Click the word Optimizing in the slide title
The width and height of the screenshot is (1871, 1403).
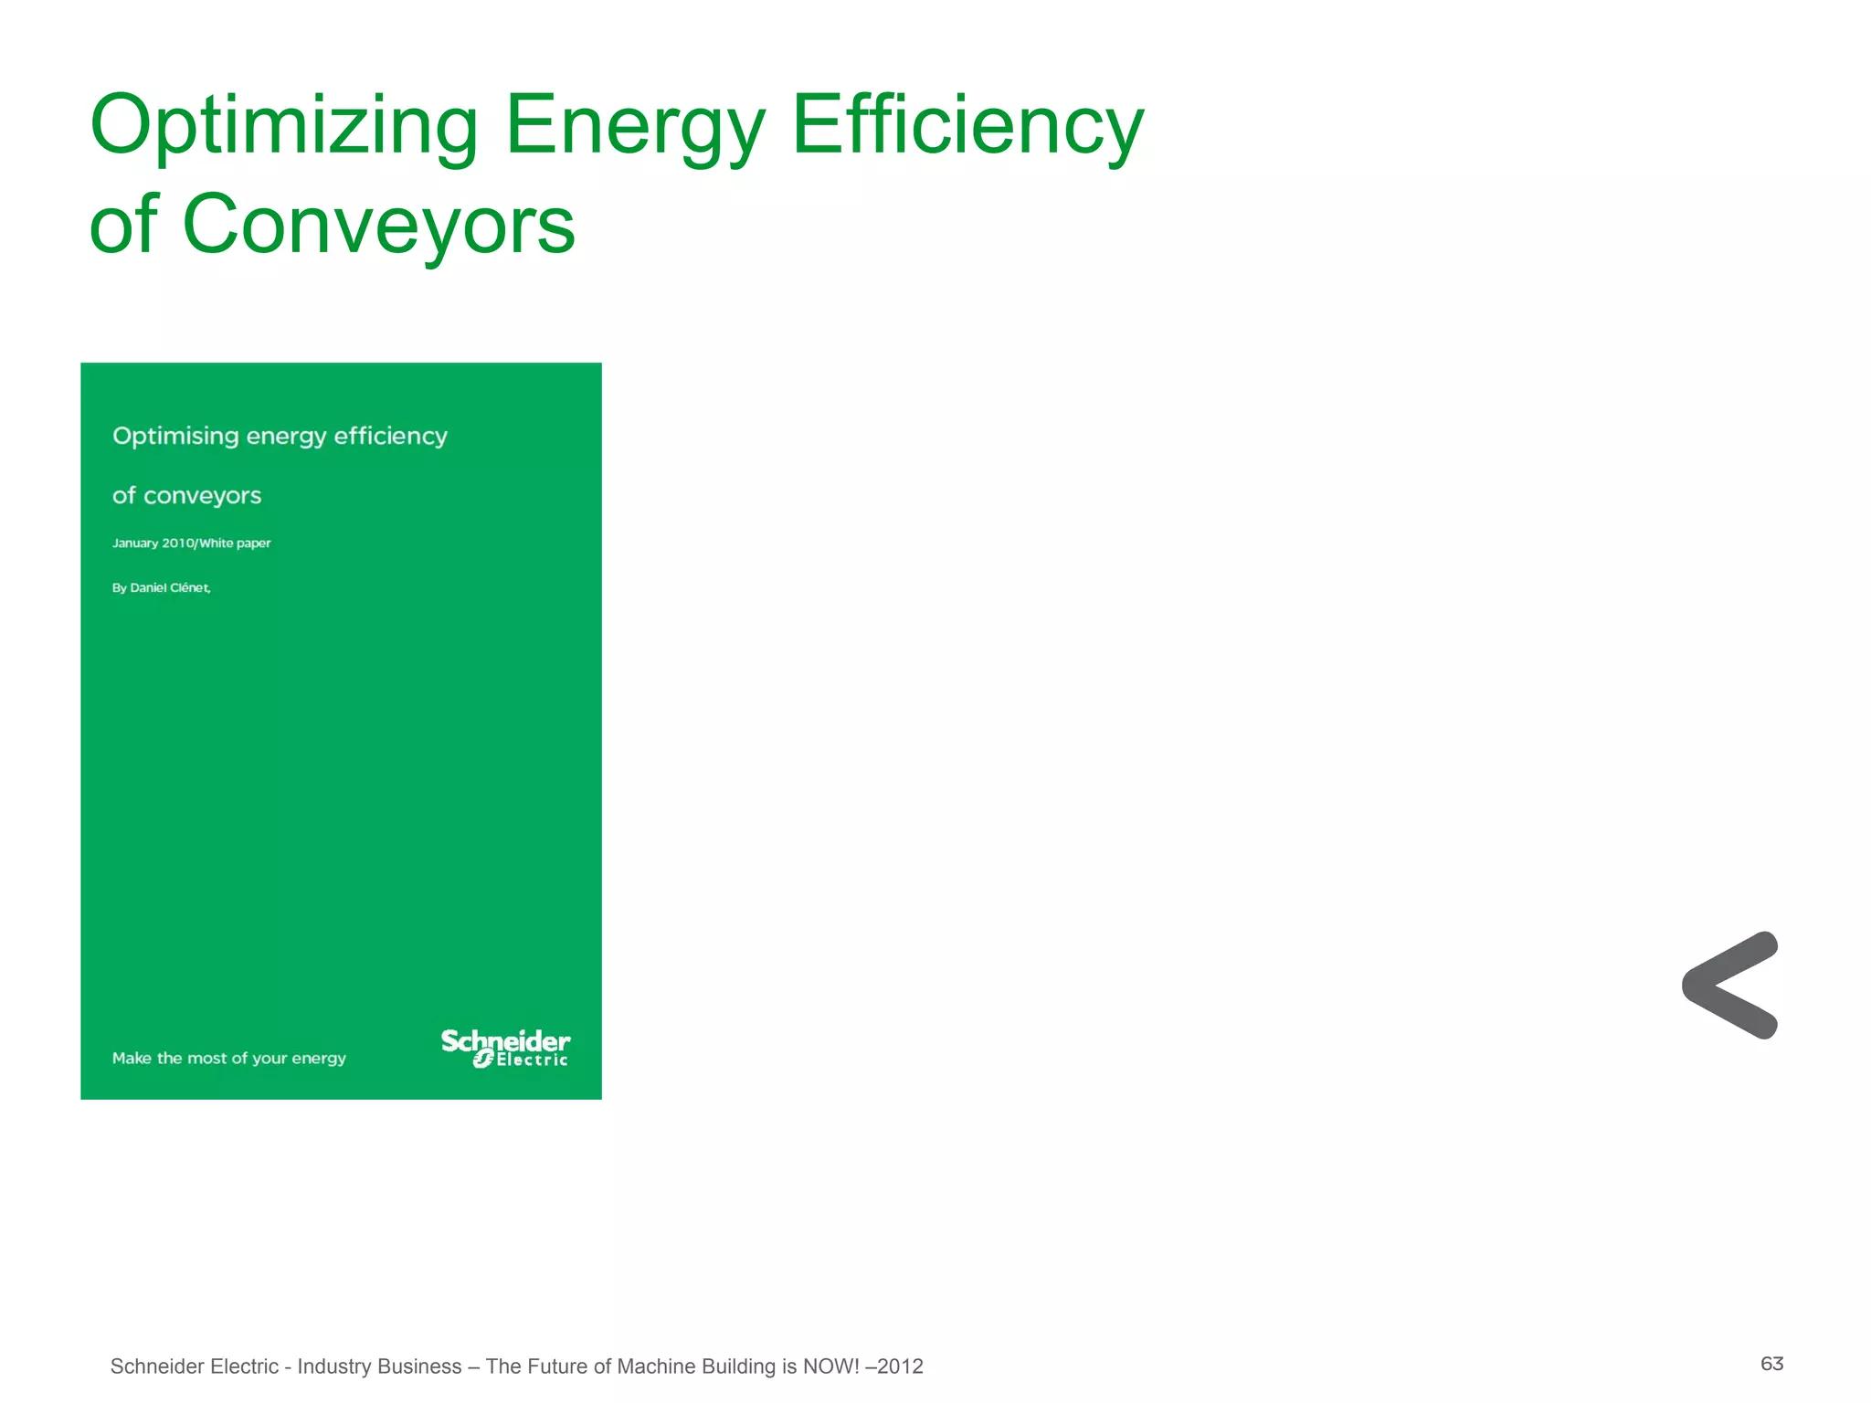pos(283,126)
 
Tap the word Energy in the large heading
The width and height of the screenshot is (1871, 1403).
pos(634,126)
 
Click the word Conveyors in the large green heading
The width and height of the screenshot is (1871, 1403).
pos(378,225)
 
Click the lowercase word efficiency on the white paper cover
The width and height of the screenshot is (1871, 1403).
pos(390,437)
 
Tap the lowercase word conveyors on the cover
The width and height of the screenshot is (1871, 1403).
pos(202,496)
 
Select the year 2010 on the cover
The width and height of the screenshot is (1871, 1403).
pos(178,543)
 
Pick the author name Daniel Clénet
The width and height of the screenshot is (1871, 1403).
pos(171,588)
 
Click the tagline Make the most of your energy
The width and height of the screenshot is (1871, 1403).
pos(228,1059)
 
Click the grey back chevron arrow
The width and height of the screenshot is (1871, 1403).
pos(1729,986)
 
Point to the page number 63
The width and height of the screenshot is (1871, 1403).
pos(1771,1364)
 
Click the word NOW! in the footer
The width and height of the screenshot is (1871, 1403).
pos(831,1366)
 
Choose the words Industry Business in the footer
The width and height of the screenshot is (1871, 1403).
pos(379,1366)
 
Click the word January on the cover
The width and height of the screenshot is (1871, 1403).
pos(135,543)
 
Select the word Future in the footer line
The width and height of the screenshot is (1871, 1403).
pos(556,1366)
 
